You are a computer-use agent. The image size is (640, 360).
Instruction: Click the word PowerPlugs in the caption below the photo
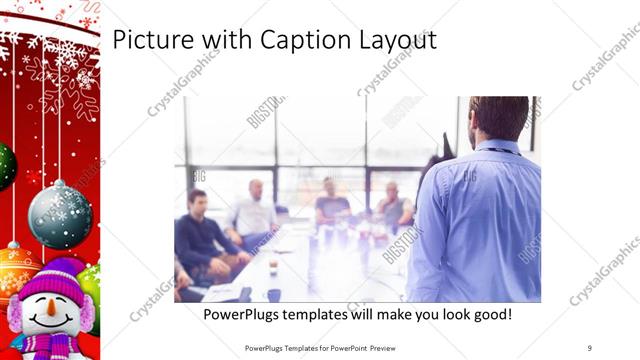[242, 315]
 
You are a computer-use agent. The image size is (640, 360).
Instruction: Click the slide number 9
[589, 348]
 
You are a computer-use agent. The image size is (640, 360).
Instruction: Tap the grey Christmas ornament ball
[60, 214]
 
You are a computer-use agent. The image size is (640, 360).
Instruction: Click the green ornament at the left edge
[5, 166]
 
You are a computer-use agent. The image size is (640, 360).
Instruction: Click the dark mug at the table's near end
[274, 295]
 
